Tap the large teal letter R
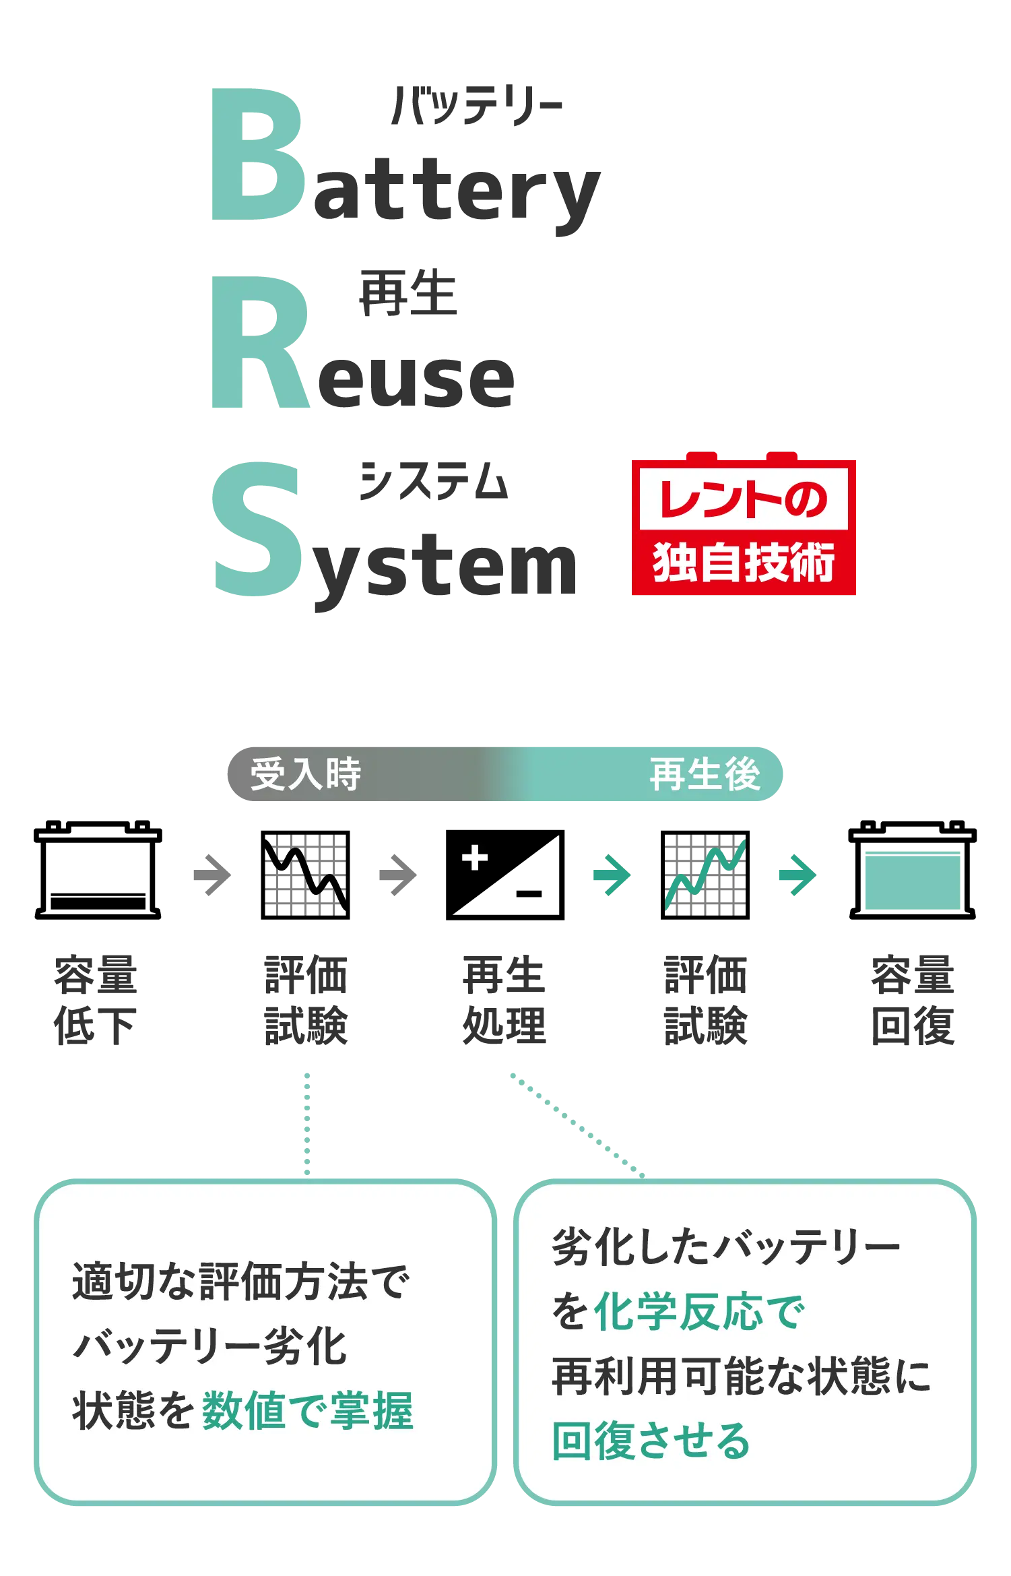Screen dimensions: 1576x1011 tap(259, 344)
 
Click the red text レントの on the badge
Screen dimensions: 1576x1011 tap(743, 501)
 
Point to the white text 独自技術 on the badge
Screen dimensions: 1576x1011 tap(744, 563)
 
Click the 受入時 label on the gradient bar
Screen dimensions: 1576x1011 tap(306, 774)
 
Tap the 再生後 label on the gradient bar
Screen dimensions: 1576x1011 tap(705, 774)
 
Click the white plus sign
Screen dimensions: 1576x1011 tap(475, 858)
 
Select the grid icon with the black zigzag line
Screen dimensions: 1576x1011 tap(306, 875)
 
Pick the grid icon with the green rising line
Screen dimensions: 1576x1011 tap(705, 875)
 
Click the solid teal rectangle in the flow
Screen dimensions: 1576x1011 tap(913, 879)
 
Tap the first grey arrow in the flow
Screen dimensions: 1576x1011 tap(210, 876)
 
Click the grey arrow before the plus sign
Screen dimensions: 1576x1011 tap(399, 876)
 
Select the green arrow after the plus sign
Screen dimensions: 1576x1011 tap(613, 876)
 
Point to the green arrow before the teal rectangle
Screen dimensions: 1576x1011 tap(797, 876)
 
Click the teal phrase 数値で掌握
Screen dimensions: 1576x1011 tap(307, 1410)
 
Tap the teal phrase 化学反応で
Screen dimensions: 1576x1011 tap(699, 1312)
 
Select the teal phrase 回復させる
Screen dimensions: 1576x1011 tap(651, 1441)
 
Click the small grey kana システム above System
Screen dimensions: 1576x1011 tap(434, 480)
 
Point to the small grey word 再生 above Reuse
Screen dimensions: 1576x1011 tap(408, 294)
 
